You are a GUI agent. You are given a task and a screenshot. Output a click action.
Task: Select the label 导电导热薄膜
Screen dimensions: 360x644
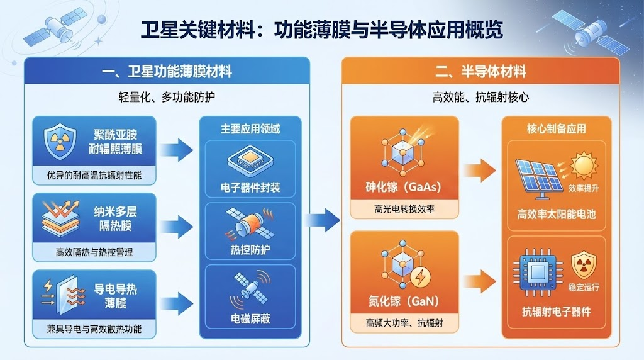(115, 296)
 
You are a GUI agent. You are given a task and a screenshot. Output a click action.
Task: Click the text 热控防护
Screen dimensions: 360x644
(250, 250)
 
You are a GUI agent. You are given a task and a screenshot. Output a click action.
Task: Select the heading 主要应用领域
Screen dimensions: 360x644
(250, 129)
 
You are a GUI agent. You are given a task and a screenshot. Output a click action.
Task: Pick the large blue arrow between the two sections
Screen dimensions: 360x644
(322, 219)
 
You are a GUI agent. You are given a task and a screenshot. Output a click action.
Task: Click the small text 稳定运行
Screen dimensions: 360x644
(584, 287)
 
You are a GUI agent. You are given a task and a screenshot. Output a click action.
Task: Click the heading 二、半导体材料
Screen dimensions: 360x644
(480, 72)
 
